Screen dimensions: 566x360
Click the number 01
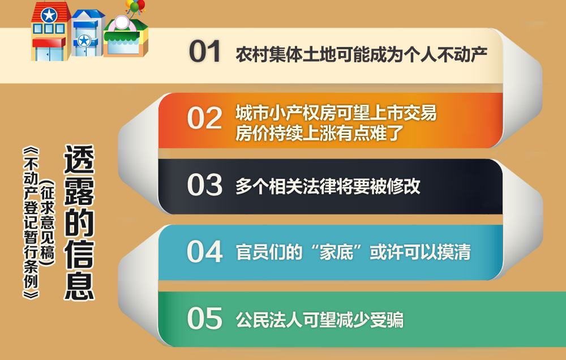[x=205, y=52]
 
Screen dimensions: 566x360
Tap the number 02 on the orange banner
[x=204, y=118]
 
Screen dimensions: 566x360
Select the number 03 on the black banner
[x=204, y=185]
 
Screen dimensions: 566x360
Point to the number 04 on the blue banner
[x=204, y=251]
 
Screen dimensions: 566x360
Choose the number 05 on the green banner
[x=204, y=318]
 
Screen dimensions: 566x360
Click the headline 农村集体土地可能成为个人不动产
[x=361, y=54]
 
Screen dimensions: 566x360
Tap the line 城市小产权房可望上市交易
[x=336, y=113]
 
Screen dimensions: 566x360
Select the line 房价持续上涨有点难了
[x=319, y=133]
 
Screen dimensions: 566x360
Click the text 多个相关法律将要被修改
[x=328, y=186]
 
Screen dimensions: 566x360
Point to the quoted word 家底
[x=336, y=252]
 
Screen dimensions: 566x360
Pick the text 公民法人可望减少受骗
[x=319, y=320]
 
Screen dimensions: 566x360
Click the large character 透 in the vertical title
[x=79, y=160]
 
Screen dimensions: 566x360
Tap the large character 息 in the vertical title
[x=79, y=285]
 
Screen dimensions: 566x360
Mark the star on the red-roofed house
[x=49, y=15]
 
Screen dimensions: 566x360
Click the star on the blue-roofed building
[x=84, y=40]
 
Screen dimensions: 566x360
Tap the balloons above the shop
[x=135, y=6]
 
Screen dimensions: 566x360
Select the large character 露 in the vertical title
[x=79, y=191]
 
